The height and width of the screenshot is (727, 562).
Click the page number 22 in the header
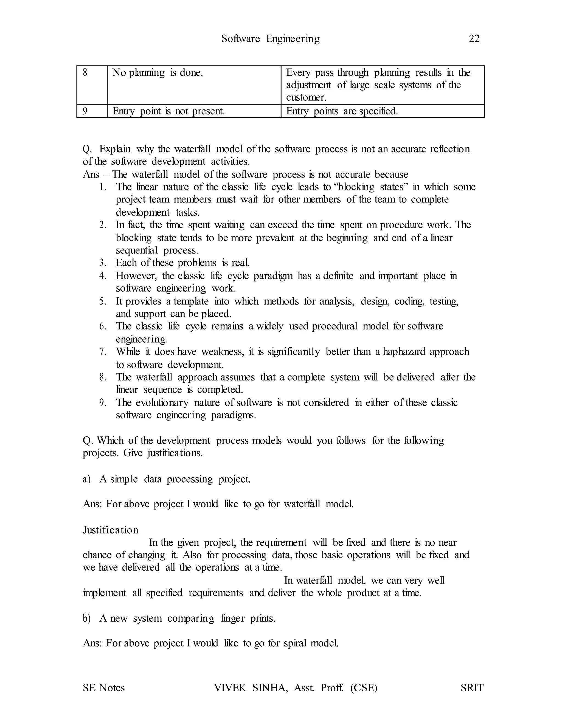[474, 39]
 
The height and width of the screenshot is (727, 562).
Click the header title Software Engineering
[270, 39]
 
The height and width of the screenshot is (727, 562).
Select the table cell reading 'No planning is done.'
[158, 73]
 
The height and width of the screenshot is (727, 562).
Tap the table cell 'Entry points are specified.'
[342, 111]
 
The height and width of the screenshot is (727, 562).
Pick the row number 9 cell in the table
[85, 111]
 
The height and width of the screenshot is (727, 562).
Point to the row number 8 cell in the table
[85, 73]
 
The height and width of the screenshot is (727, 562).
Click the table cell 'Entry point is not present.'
[168, 111]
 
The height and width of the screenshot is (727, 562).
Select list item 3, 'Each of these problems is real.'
[182, 263]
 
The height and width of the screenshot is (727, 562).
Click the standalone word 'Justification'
[111, 530]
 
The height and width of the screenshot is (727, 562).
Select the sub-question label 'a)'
[86, 479]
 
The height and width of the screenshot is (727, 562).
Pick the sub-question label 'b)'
[86, 618]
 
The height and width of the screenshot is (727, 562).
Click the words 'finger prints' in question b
[248, 618]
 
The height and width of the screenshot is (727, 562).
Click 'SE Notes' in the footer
[103, 688]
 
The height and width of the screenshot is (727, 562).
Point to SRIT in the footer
[472, 688]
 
